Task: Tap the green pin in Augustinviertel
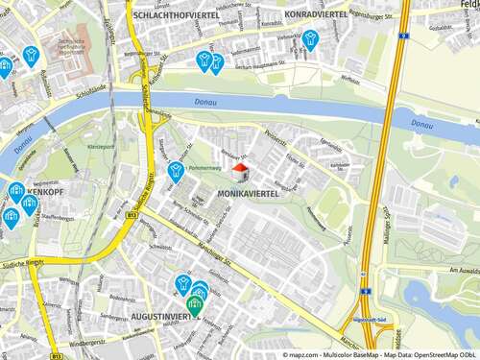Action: point(195,306)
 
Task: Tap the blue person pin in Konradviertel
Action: point(310,39)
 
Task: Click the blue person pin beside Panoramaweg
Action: point(177,171)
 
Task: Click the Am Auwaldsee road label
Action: point(447,271)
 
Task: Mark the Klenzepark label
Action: point(101,147)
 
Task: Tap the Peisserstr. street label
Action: point(276,136)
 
